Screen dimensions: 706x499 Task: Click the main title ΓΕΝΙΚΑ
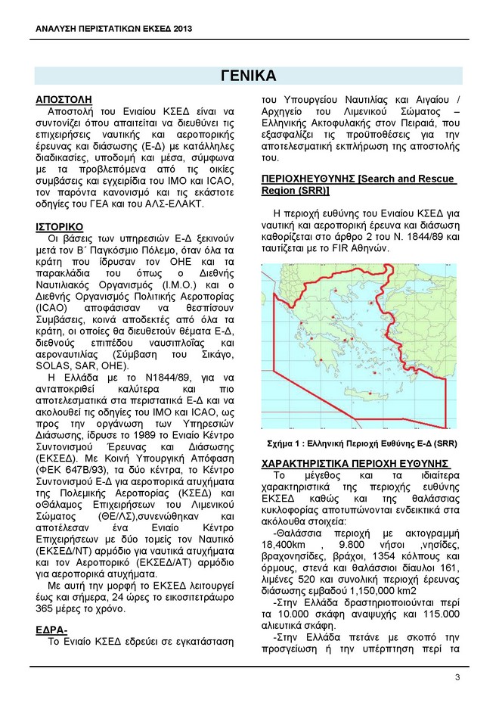click(x=249, y=75)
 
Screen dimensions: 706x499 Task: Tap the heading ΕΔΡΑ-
click(x=51, y=629)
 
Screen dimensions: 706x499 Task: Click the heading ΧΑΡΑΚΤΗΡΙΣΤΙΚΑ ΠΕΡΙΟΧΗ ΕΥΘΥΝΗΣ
click(x=355, y=463)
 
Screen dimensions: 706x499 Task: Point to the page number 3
click(x=457, y=676)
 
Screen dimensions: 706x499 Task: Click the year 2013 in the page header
click(x=178, y=29)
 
